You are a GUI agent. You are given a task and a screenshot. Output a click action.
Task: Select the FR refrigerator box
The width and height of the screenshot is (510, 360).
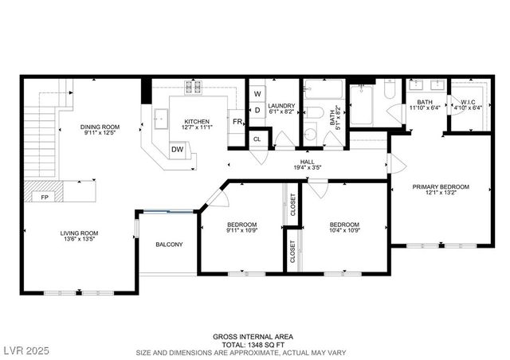click(237, 122)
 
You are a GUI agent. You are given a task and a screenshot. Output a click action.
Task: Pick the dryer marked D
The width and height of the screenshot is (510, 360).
click(257, 110)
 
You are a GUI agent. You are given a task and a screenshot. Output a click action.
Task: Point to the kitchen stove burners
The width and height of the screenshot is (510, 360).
click(194, 87)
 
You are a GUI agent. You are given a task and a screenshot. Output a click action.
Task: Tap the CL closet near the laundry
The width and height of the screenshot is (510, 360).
click(257, 139)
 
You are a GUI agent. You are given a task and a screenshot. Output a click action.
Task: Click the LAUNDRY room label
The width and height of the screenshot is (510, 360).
click(282, 106)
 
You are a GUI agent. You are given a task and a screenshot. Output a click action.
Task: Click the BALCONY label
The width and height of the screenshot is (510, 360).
click(168, 244)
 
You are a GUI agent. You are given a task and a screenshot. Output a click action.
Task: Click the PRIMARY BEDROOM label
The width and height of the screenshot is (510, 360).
click(441, 186)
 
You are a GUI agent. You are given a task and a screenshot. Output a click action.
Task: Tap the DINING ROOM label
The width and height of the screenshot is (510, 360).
click(100, 127)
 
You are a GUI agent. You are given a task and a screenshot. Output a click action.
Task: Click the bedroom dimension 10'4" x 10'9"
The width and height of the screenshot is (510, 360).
click(345, 231)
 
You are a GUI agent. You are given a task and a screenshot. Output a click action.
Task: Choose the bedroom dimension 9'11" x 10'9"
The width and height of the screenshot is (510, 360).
click(241, 231)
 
